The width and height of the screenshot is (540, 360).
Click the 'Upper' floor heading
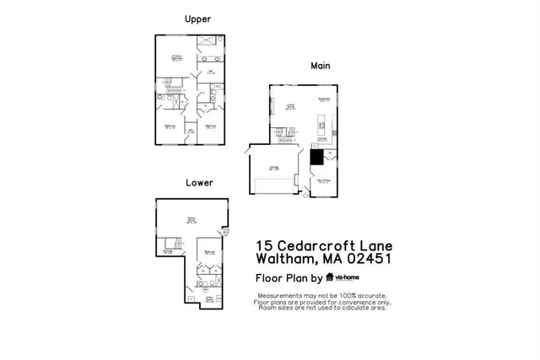tap(197, 19)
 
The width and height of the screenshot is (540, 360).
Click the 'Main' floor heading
tap(320, 65)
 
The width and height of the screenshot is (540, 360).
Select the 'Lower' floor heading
tap(200, 182)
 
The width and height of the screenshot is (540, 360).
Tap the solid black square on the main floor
tap(316, 157)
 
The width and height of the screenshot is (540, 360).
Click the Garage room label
tap(274, 168)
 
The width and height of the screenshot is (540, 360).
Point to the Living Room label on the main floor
tap(290, 106)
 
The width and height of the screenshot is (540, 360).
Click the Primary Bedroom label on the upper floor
tap(177, 59)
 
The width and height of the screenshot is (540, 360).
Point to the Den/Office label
tap(323, 180)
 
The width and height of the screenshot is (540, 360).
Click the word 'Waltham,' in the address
tap(283, 259)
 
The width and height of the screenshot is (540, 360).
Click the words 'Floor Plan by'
tap(289, 277)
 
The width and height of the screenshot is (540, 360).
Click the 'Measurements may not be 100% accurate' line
tap(322, 295)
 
